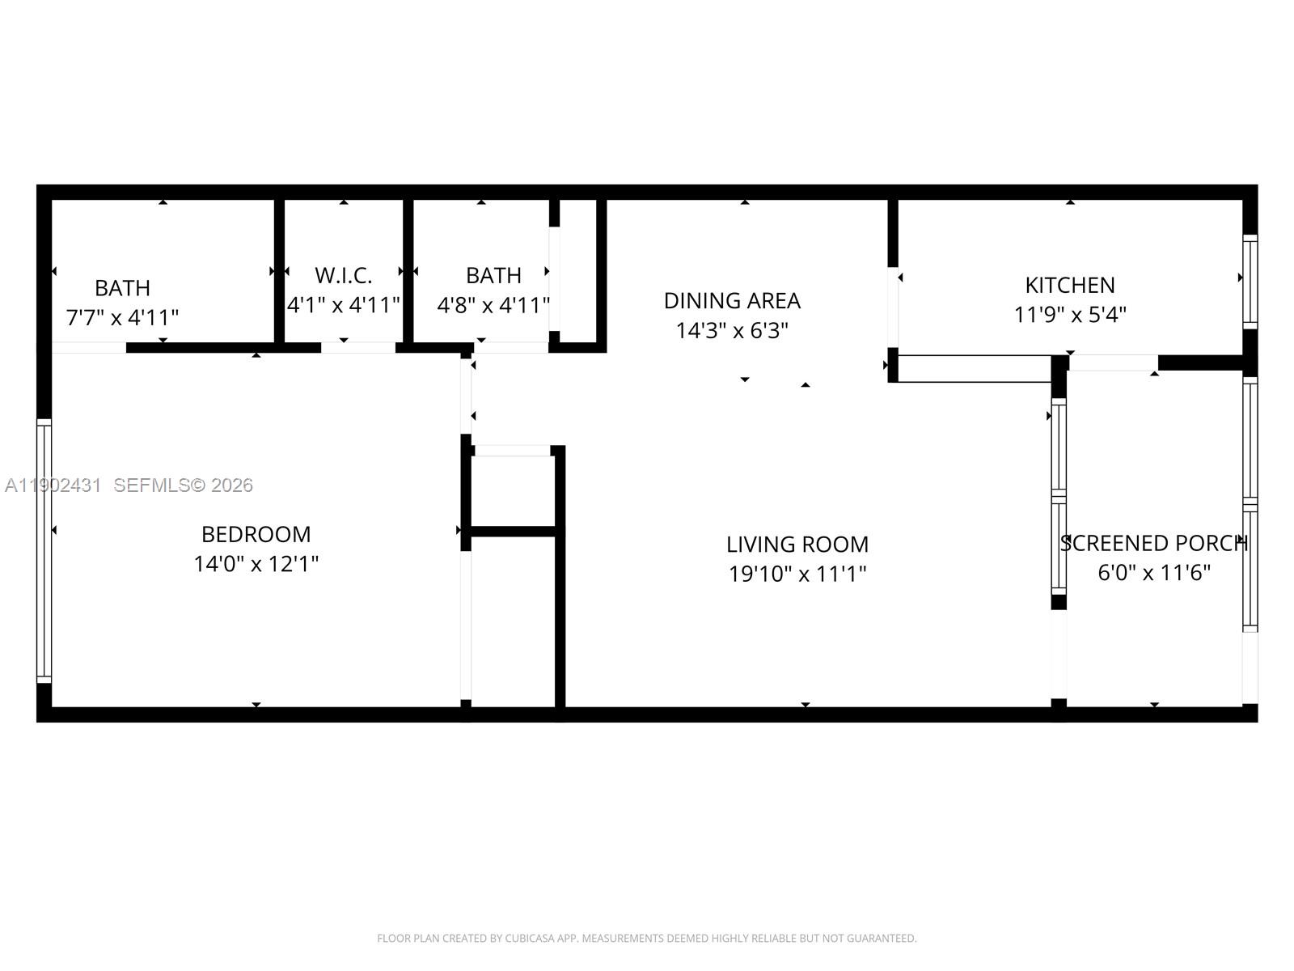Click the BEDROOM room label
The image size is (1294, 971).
pyautogui.click(x=256, y=534)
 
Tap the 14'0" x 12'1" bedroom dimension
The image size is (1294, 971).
pyautogui.click(x=256, y=564)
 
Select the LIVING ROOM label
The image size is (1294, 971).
pyautogui.click(x=797, y=544)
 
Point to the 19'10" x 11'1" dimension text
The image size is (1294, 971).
pyautogui.click(x=797, y=574)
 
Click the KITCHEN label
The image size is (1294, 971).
pyautogui.click(x=1069, y=285)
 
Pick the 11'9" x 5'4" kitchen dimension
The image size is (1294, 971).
pyautogui.click(x=1069, y=314)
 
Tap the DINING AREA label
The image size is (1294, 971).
pyautogui.click(x=731, y=300)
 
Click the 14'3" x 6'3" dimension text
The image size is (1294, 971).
pyautogui.click(x=731, y=330)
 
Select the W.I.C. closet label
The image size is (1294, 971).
pyautogui.click(x=343, y=275)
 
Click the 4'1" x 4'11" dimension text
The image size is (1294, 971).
pyautogui.click(x=343, y=305)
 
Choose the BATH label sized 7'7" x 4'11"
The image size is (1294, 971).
pyautogui.click(x=122, y=288)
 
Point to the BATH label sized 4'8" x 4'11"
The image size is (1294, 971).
pyautogui.click(x=493, y=276)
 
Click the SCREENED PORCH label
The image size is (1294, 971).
pyautogui.click(x=1153, y=543)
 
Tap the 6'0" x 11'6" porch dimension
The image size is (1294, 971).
pyautogui.click(x=1153, y=573)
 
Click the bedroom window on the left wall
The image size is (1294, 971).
pyautogui.click(x=44, y=550)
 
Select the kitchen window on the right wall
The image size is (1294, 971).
pyautogui.click(x=1250, y=282)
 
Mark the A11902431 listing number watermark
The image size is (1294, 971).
pyautogui.click(x=53, y=485)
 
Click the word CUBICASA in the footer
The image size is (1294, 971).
pyautogui.click(x=529, y=939)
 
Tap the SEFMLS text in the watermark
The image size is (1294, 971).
pyautogui.click(x=151, y=485)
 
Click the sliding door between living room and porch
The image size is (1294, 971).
pyautogui.click(x=1058, y=498)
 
